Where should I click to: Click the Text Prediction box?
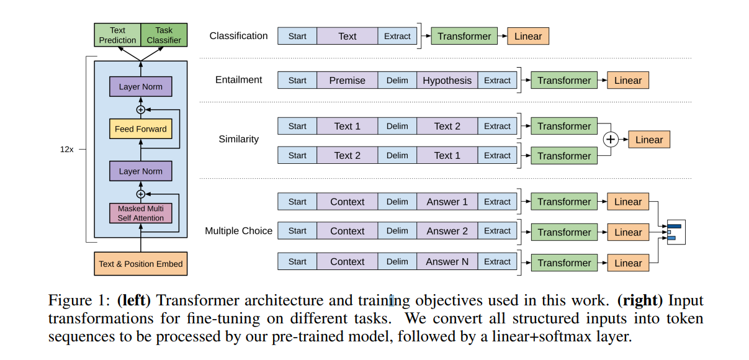pyautogui.click(x=117, y=35)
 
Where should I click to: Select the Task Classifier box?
pyautogui.click(x=164, y=35)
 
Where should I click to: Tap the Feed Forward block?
pyautogui.click(x=140, y=129)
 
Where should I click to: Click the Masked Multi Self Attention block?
pyautogui.click(x=140, y=213)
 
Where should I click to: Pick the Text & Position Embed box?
pyautogui.click(x=140, y=264)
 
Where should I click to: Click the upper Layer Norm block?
pyautogui.click(x=140, y=87)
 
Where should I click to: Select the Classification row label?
pyautogui.click(x=238, y=36)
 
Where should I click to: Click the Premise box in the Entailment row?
pyautogui.click(x=347, y=81)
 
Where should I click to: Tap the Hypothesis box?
pyautogui.click(x=447, y=81)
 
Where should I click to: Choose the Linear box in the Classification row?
pyautogui.click(x=527, y=36)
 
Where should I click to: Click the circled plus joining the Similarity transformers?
pyautogui.click(x=611, y=140)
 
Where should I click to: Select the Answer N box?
pyautogui.click(x=447, y=262)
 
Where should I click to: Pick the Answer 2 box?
pyautogui.click(x=447, y=231)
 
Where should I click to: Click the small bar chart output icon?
pyautogui.click(x=675, y=232)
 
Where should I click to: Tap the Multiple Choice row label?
pyautogui.click(x=238, y=231)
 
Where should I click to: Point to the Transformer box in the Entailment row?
pyautogui.click(x=563, y=81)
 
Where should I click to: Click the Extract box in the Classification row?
pyautogui.click(x=397, y=36)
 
